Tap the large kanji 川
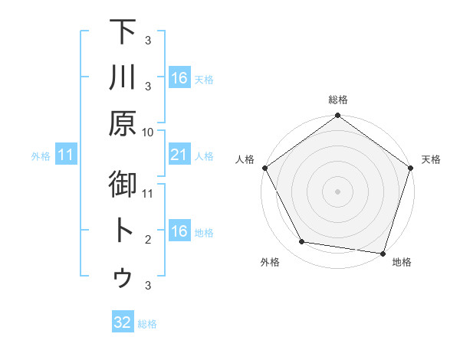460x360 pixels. click(123, 77)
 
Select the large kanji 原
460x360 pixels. click(123, 123)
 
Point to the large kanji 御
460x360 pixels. click(123, 185)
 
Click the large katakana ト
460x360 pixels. click(123, 231)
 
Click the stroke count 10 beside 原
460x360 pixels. click(148, 132)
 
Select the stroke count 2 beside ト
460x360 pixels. click(148, 240)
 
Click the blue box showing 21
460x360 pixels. click(179, 155)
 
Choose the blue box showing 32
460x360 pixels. click(123, 322)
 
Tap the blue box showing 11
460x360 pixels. click(66, 155)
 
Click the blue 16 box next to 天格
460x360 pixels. click(179, 78)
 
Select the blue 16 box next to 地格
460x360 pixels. click(179, 231)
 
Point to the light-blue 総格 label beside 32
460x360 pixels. click(147, 324)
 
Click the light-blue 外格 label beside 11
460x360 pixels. click(41, 156)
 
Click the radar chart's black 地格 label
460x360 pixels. click(402, 263)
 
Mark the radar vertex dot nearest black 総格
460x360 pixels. click(337, 116)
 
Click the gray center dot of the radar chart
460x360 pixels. click(337, 191)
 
